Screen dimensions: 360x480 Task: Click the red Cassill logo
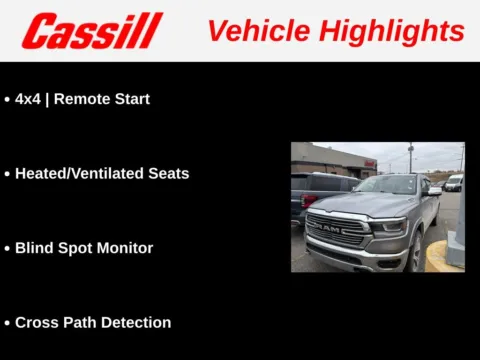click(x=92, y=31)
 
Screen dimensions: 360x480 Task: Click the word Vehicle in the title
click(x=256, y=30)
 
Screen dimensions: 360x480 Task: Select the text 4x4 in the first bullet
click(x=27, y=99)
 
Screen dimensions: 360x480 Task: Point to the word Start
click(x=131, y=99)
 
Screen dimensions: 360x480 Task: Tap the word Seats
click(x=167, y=173)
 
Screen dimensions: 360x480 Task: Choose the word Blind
click(x=34, y=247)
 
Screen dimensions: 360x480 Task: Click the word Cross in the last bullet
click(x=37, y=322)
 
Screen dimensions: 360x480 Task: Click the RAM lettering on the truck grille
click(x=326, y=229)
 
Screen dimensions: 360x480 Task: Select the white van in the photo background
click(x=454, y=182)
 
